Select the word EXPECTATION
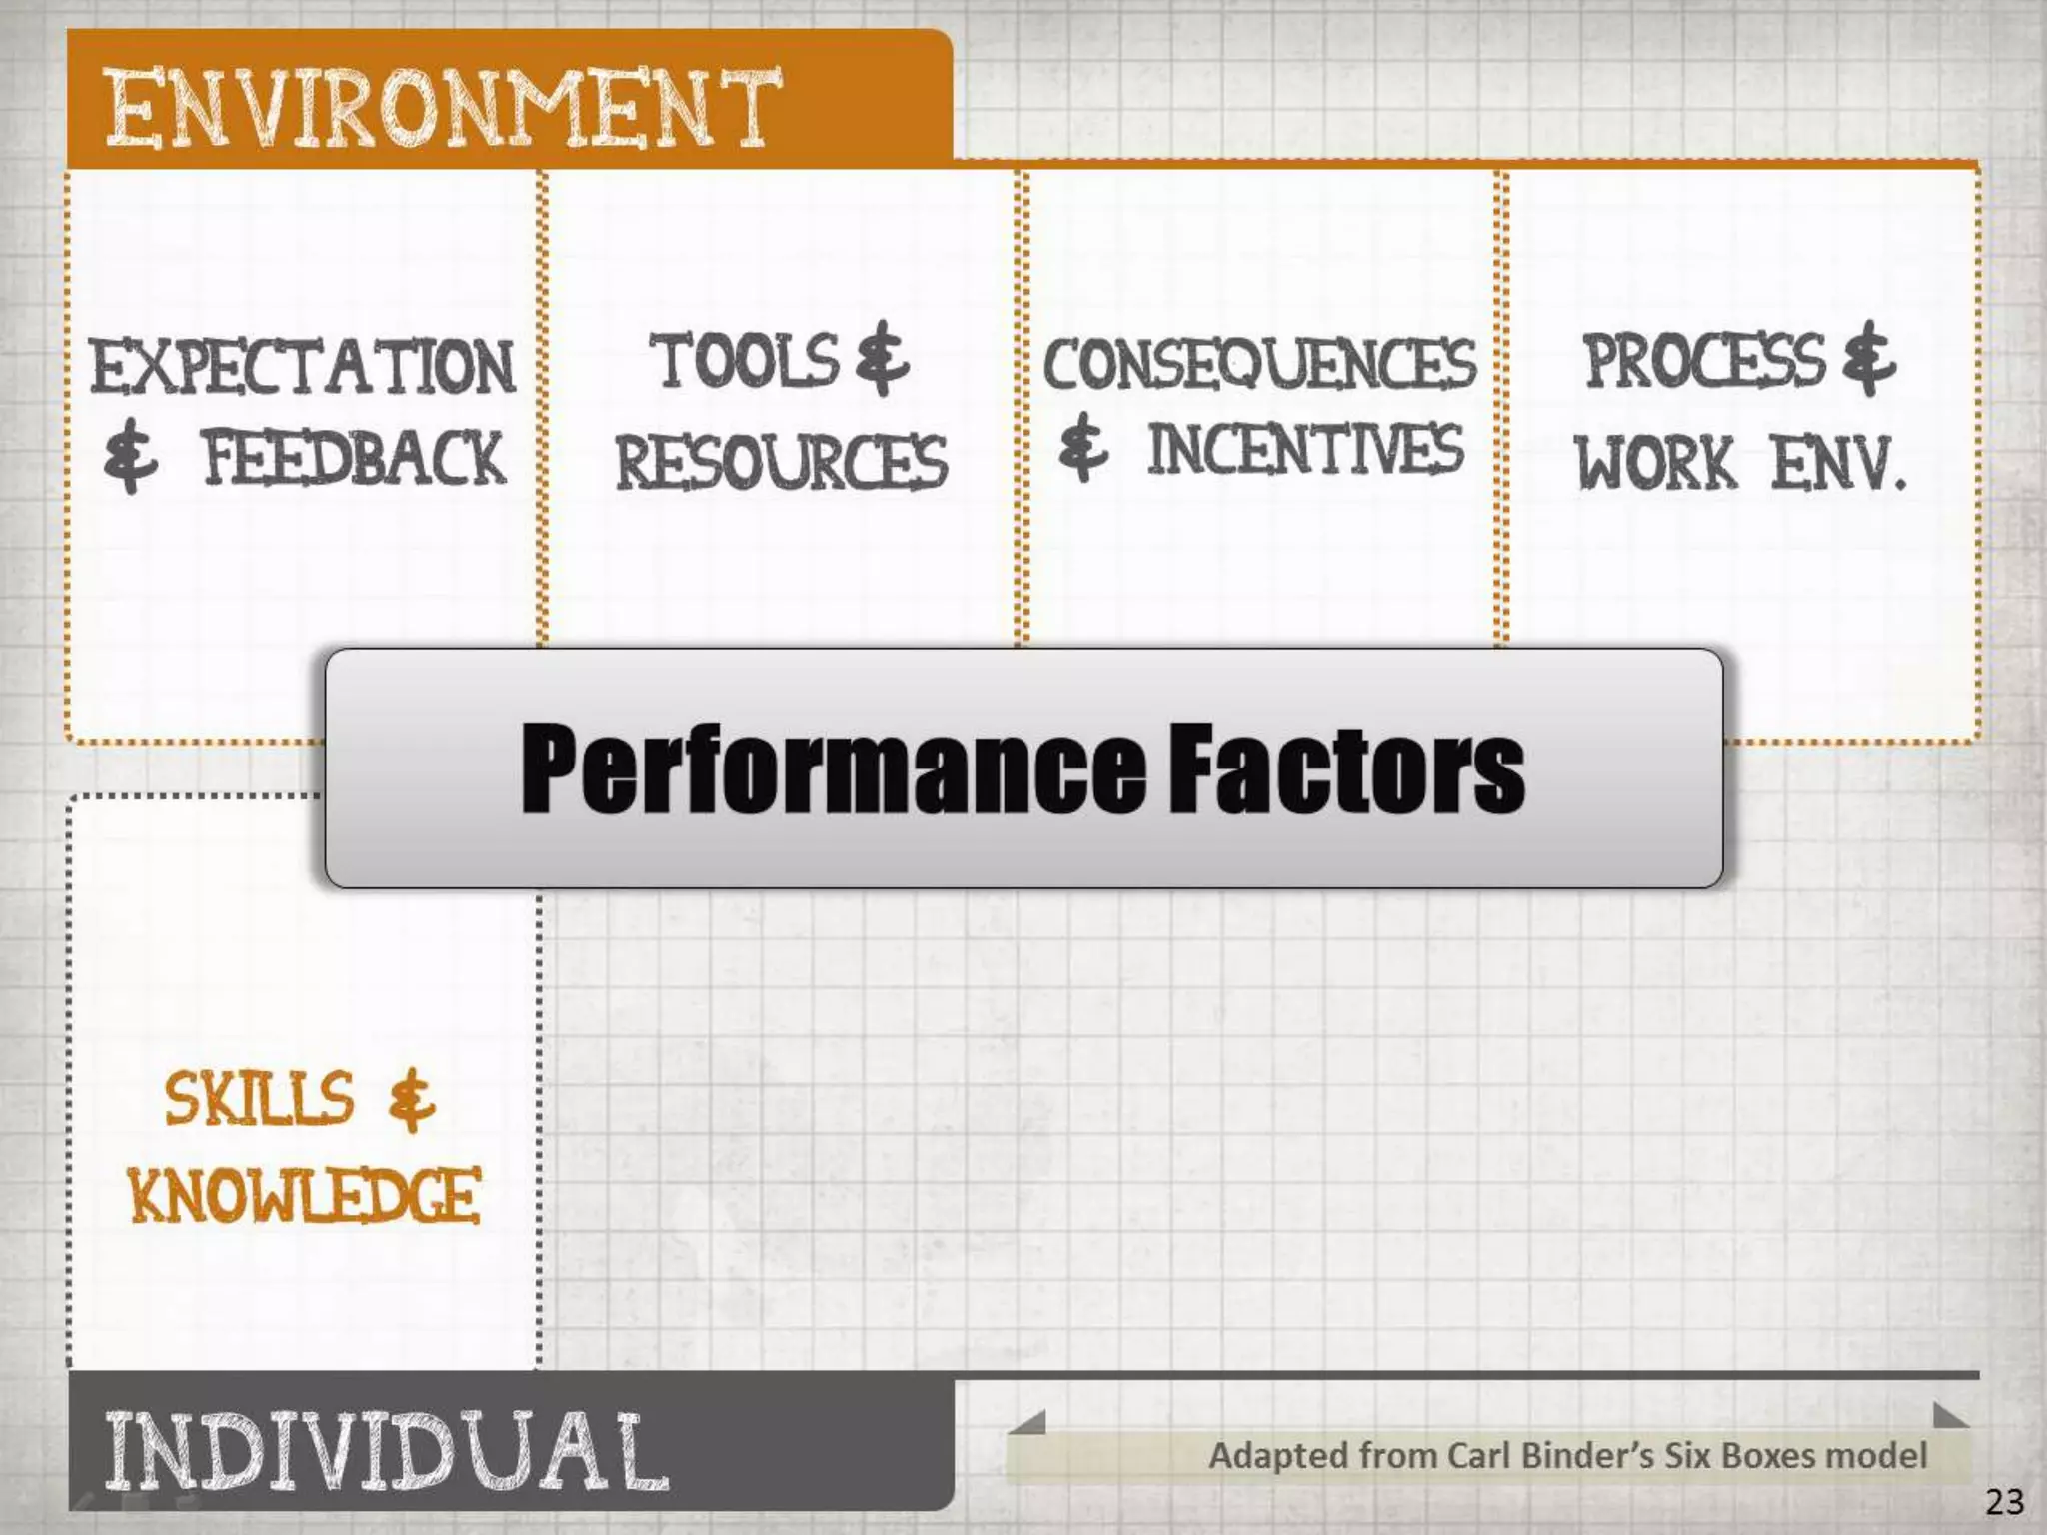click(302, 366)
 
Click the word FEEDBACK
click(354, 458)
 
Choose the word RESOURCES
click(781, 462)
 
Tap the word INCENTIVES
click(1304, 450)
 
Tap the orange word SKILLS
click(259, 1098)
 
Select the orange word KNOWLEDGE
click(304, 1195)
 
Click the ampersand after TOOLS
click(883, 358)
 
